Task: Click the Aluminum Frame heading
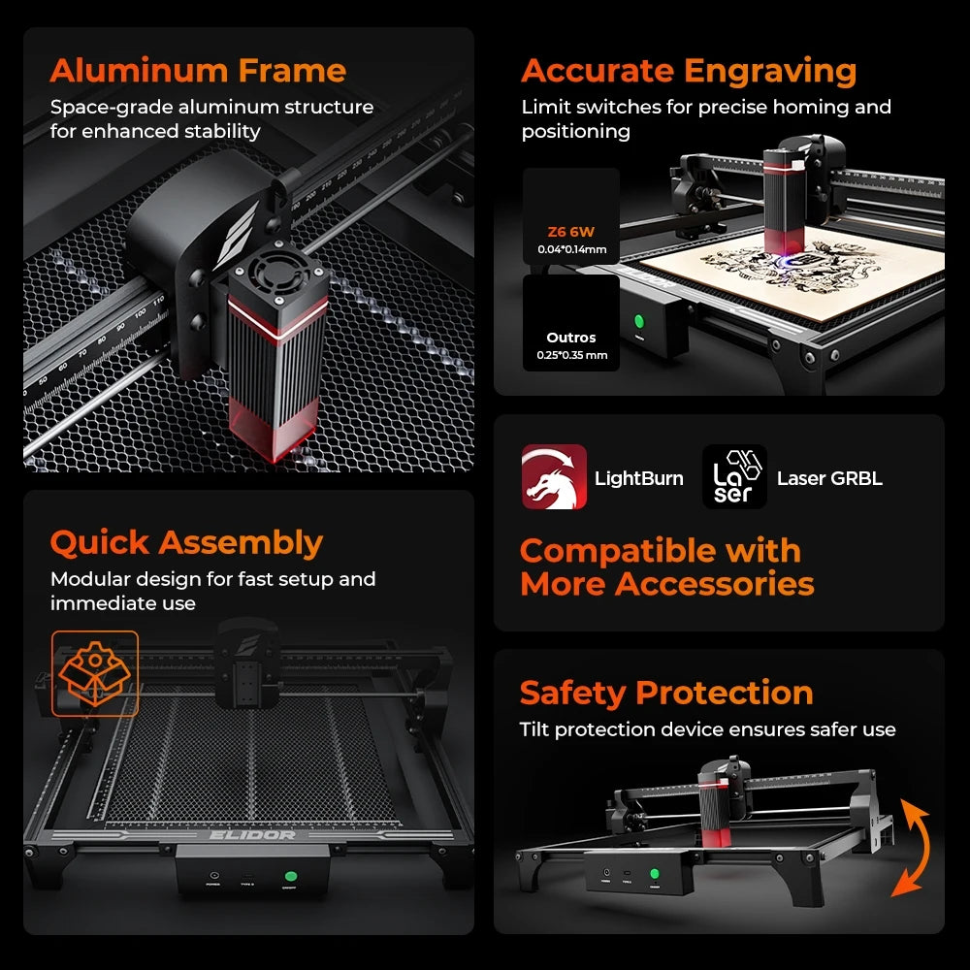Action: [x=198, y=71]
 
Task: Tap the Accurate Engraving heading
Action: [x=689, y=71]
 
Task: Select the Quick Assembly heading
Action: [x=186, y=542]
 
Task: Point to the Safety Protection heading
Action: [x=666, y=693]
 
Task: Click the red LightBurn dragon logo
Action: [x=554, y=477]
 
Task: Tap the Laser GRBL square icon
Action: [x=734, y=477]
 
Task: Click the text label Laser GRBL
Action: [x=829, y=478]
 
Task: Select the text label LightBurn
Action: [x=638, y=478]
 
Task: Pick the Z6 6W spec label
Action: [x=570, y=231]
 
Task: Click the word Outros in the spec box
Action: [x=570, y=338]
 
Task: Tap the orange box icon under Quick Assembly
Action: [x=95, y=673]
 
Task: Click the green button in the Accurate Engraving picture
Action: [x=640, y=322]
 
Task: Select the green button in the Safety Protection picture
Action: [x=654, y=874]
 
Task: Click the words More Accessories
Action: [x=666, y=584]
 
